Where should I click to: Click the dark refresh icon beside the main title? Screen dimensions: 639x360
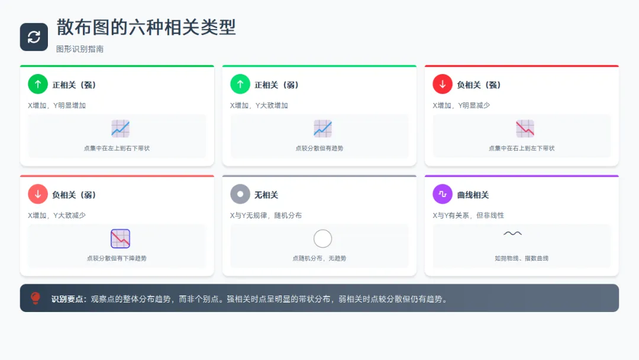[34, 37]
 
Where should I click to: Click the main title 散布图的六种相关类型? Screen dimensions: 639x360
[146, 27]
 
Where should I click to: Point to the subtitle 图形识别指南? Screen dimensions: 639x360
[80, 49]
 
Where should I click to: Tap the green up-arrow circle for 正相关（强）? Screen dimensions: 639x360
[38, 85]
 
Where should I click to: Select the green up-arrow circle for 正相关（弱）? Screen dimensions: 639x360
[240, 85]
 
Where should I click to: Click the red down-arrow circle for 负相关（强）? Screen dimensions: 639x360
[443, 85]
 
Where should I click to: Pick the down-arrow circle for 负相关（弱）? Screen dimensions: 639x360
[38, 194]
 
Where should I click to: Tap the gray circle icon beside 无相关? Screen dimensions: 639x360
[240, 194]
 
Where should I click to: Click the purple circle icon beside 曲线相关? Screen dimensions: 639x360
[443, 194]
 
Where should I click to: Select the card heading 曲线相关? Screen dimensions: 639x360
[473, 195]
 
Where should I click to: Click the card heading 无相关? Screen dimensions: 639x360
[266, 195]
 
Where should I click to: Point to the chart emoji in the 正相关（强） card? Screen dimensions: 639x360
[120, 129]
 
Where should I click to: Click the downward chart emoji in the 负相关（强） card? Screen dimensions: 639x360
[525, 129]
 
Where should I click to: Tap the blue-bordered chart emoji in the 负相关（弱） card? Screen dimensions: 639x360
[120, 239]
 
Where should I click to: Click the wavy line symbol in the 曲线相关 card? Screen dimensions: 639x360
[512, 233]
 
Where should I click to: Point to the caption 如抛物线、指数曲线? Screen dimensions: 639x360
[522, 258]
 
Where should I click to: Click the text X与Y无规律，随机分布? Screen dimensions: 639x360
[266, 216]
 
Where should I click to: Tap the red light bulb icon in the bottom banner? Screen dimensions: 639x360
[35, 298]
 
